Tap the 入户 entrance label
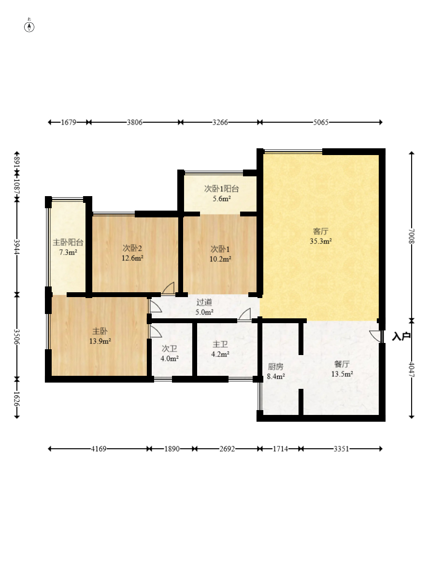pyautogui.click(x=401, y=337)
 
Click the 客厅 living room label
pyautogui.click(x=321, y=231)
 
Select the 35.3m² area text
pyautogui.click(x=321, y=241)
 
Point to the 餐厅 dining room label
pyautogui.click(x=342, y=364)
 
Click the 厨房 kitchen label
pyautogui.click(x=275, y=367)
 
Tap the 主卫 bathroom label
pyautogui.click(x=220, y=344)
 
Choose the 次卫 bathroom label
pyautogui.click(x=170, y=349)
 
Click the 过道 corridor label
pyautogui.click(x=204, y=302)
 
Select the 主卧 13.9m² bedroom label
pyautogui.click(x=100, y=336)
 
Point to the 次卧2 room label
pyautogui.click(x=132, y=248)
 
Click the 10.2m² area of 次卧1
pyautogui.click(x=220, y=259)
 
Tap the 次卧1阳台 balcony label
pyautogui.click(x=221, y=189)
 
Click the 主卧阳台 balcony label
pyautogui.click(x=68, y=242)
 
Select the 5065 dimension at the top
pyautogui.click(x=321, y=122)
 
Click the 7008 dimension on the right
pyautogui.click(x=412, y=236)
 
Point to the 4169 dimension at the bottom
pyautogui.click(x=99, y=449)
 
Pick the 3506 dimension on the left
pyautogui.click(x=17, y=336)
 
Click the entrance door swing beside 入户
pyautogui.click(x=376, y=336)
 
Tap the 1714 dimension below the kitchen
pyautogui.click(x=280, y=449)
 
